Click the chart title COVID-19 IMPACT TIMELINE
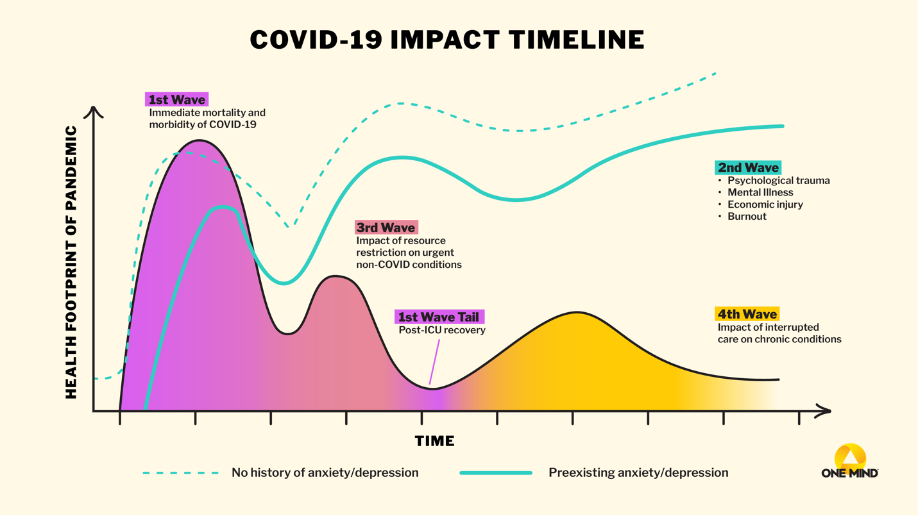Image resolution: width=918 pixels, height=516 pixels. pos(447,40)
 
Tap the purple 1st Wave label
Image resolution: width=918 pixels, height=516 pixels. pos(177,100)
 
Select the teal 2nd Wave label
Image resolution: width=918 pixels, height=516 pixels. pos(748,168)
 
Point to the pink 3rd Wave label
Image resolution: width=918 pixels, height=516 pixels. pos(386,228)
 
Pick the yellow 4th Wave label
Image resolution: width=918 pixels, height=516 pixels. pos(747,314)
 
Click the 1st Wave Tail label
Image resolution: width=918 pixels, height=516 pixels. pos(439,317)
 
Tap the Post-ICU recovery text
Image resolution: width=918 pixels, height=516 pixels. pos(442,330)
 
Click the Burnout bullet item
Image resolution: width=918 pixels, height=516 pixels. pos(747,217)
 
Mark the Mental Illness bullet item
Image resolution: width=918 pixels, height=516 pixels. pos(760,192)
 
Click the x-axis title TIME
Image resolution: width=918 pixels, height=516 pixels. pos(434,441)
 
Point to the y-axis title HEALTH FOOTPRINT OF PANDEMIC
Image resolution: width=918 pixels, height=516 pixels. pos(71,262)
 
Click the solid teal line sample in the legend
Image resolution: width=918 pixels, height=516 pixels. pos(496,473)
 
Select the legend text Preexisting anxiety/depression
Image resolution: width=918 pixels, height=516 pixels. pos(638,473)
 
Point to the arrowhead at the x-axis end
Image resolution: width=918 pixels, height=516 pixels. pos(823,411)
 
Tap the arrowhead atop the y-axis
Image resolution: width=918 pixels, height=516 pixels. pos(94,112)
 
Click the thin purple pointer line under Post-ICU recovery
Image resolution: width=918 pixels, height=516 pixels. pos(435,363)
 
